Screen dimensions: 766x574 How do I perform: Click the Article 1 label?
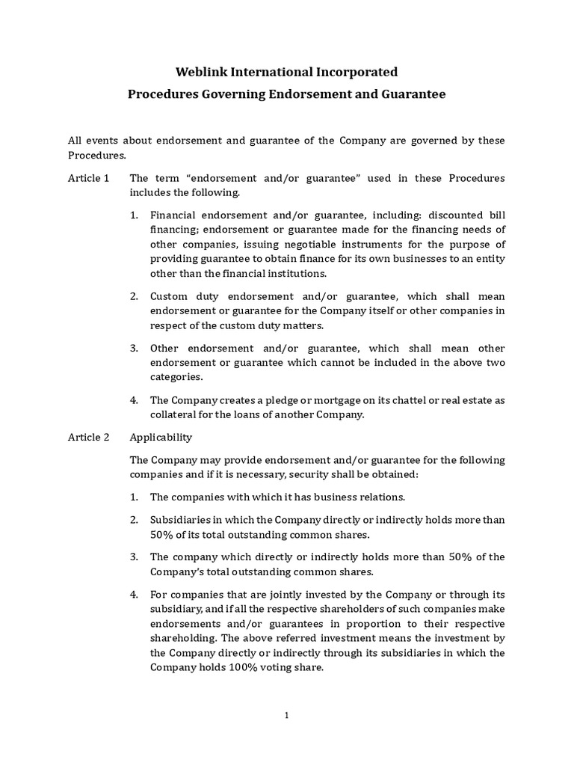coord(88,178)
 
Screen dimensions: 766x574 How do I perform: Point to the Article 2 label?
coord(88,437)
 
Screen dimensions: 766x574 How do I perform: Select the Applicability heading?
coord(161,437)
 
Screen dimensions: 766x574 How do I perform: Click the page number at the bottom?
coord(286,715)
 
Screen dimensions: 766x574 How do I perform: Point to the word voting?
coord(283,667)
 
